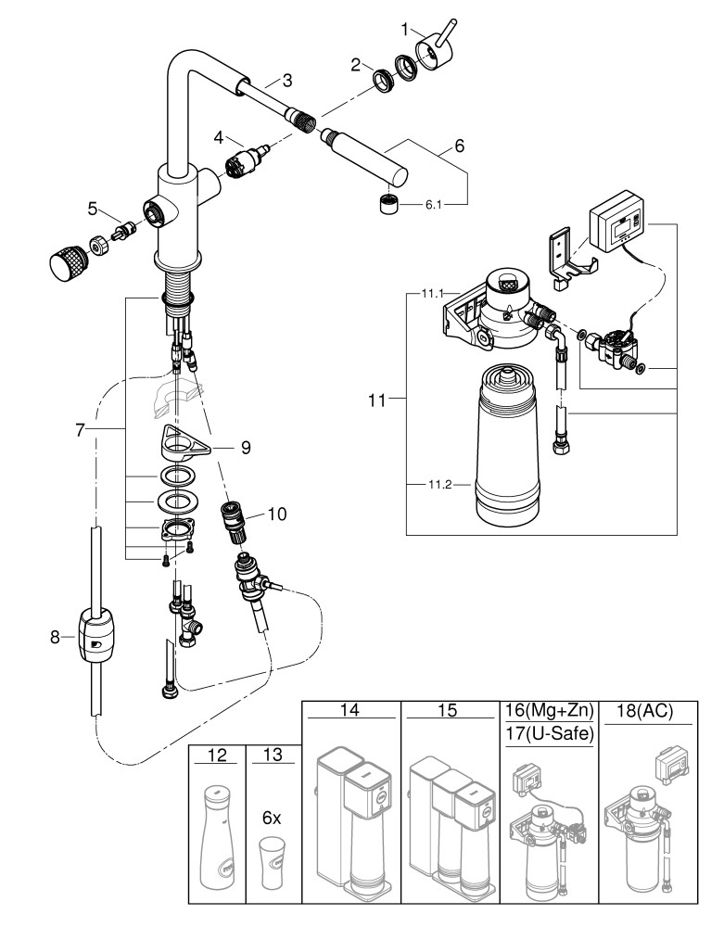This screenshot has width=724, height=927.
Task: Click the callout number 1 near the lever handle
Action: (x=404, y=29)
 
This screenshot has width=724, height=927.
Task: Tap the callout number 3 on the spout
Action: (x=287, y=80)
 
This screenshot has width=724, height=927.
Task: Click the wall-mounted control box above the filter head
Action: (x=616, y=224)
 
